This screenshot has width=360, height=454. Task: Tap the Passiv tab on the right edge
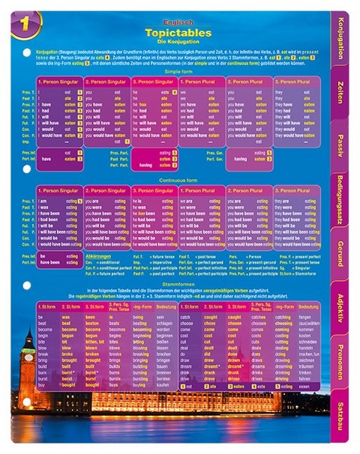click(342, 147)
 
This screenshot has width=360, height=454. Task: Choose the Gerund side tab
click(342, 254)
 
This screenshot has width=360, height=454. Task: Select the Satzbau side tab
click(342, 411)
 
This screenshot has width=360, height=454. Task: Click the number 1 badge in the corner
click(25, 23)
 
